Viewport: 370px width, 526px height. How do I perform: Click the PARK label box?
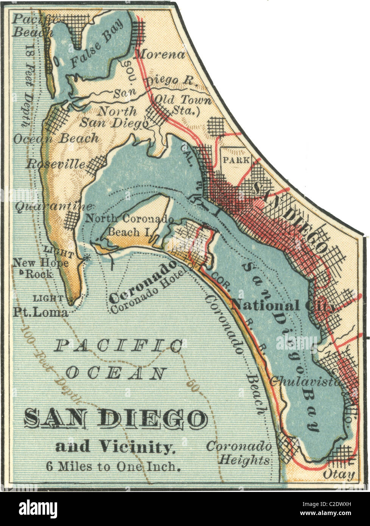[236, 160]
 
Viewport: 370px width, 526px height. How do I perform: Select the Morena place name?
[160, 54]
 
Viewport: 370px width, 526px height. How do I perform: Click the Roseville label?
[55, 164]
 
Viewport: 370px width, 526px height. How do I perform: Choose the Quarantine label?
[53, 207]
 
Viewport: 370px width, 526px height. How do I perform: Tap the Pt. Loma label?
[40, 313]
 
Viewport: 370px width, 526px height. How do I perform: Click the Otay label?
[339, 475]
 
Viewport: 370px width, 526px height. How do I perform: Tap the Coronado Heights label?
[239, 453]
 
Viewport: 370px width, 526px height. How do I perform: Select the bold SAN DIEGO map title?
[116, 419]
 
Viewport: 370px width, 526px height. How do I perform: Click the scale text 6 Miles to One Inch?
[113, 466]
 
